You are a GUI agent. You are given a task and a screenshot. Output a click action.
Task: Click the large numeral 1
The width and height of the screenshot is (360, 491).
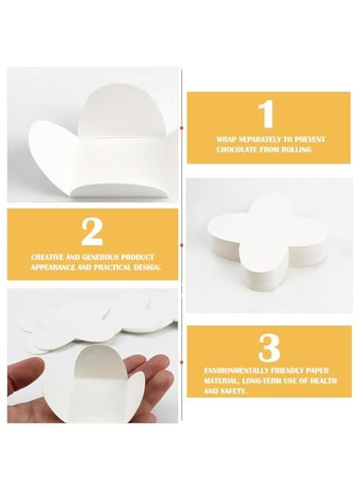(x=266, y=114)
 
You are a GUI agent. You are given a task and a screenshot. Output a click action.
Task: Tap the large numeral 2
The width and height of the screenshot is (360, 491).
(x=92, y=232)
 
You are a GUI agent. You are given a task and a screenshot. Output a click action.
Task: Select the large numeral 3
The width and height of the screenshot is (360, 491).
(x=269, y=348)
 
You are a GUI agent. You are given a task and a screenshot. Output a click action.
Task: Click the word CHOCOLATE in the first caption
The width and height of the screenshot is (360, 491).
(x=240, y=149)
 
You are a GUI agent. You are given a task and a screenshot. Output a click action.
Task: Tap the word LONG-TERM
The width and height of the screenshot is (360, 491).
(x=262, y=381)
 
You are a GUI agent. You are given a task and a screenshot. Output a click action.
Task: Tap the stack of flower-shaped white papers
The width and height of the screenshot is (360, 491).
(x=261, y=244)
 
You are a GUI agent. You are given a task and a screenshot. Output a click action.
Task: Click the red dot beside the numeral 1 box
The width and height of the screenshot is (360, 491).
(x=182, y=128)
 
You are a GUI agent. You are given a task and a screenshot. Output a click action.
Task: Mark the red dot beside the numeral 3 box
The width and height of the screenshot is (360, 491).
(x=182, y=362)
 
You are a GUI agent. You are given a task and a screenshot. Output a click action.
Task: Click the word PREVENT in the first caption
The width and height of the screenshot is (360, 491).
(x=310, y=139)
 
